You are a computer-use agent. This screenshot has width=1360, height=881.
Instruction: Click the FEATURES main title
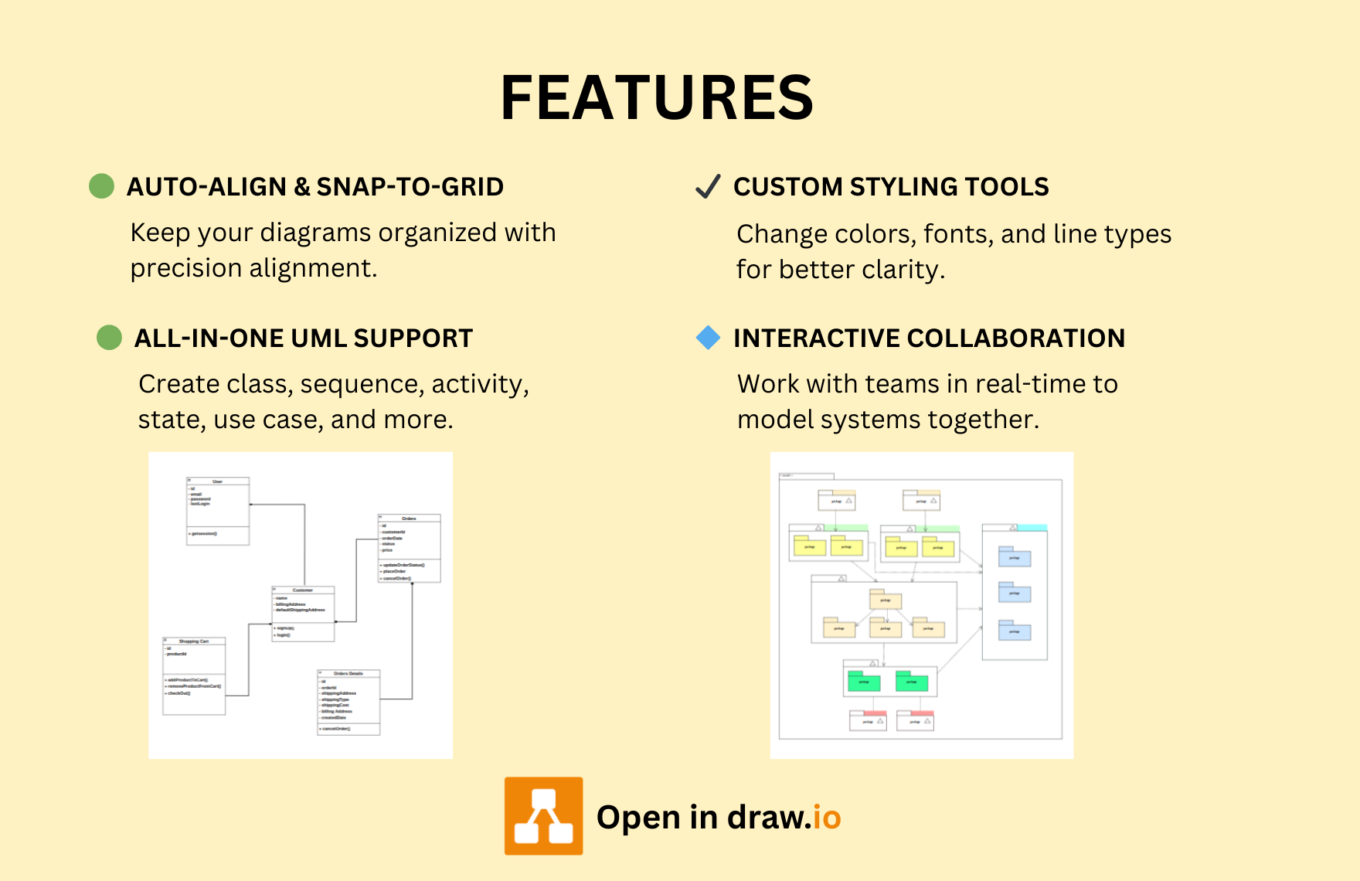657,98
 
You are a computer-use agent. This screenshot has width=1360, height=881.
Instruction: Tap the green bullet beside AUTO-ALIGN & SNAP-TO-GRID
101,186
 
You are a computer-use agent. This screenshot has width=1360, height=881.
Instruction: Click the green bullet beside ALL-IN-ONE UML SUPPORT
109,338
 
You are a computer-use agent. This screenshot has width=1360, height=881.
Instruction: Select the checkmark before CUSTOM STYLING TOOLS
708,186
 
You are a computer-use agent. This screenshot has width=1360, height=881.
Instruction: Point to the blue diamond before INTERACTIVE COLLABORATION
708,338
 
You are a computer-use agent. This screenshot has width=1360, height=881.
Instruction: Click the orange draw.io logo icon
544,816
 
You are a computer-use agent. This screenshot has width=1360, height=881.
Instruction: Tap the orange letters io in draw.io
827,818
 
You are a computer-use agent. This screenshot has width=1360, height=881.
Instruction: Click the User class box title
218,481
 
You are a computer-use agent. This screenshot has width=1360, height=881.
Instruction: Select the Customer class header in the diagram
303,590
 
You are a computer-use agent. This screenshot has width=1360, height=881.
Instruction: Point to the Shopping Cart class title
194,641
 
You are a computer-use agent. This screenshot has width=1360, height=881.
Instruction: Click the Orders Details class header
348,674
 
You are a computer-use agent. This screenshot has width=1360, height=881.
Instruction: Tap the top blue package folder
1015,556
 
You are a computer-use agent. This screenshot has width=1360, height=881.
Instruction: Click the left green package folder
864,681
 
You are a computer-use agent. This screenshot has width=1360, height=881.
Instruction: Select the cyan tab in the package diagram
1032,528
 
